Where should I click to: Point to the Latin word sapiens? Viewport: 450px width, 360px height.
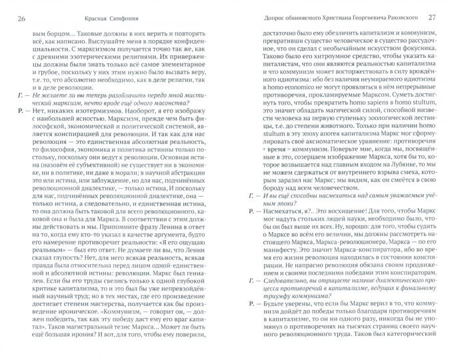point(359,122)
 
